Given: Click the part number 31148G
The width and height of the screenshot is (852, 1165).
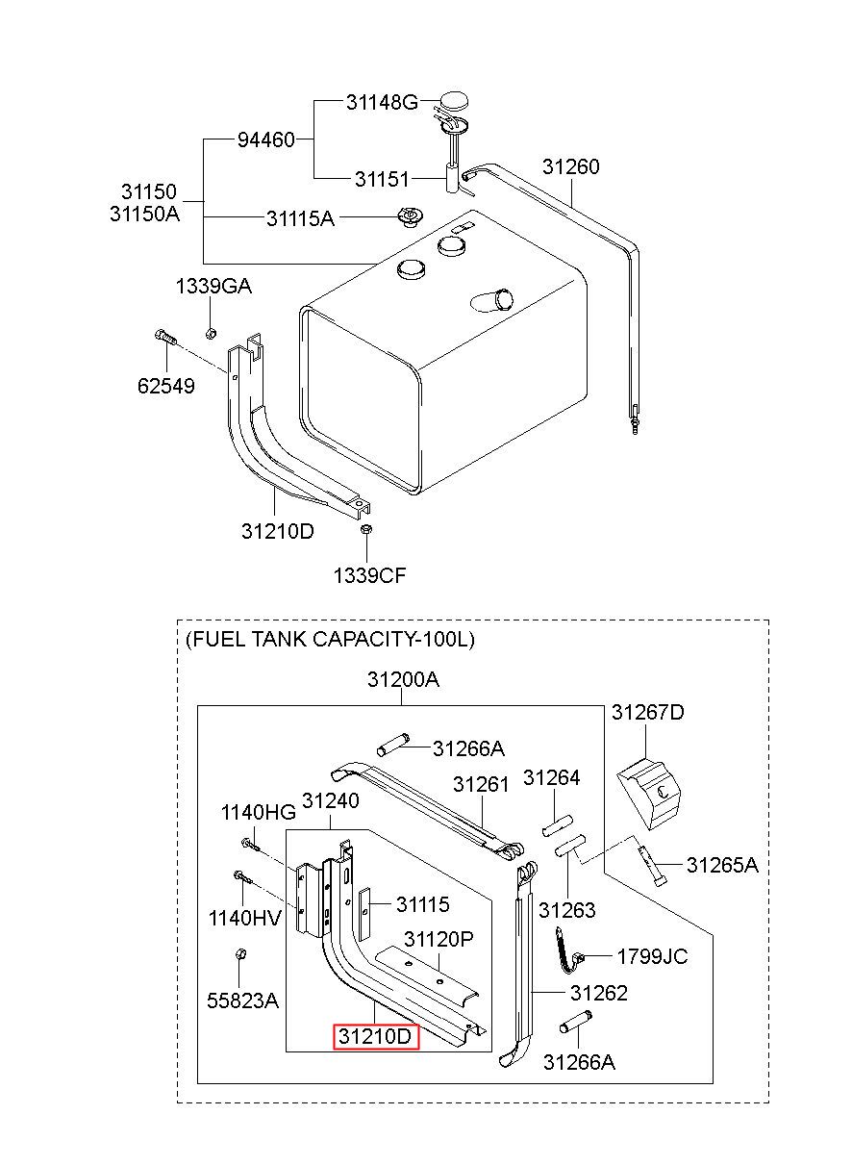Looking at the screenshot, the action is click(x=382, y=103).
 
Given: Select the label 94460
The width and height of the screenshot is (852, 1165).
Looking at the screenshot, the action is click(x=266, y=139).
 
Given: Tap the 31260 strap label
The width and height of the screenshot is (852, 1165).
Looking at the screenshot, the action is click(x=571, y=166).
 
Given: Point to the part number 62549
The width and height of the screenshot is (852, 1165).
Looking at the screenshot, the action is click(x=165, y=386).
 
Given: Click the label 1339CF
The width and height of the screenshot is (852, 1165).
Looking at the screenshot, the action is click(x=369, y=575).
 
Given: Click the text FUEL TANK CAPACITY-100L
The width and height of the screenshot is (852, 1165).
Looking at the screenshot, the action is click(x=331, y=639).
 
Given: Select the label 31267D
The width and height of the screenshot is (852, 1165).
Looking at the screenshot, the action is click(x=648, y=712).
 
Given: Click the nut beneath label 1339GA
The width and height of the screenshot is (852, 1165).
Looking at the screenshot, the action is click(x=211, y=334).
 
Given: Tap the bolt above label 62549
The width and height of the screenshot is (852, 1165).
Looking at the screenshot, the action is click(x=165, y=337).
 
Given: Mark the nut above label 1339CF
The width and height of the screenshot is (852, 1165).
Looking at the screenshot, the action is click(x=366, y=529).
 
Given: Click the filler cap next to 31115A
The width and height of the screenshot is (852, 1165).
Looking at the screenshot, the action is click(x=411, y=216).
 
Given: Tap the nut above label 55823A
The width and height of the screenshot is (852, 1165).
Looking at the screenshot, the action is click(x=240, y=954).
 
